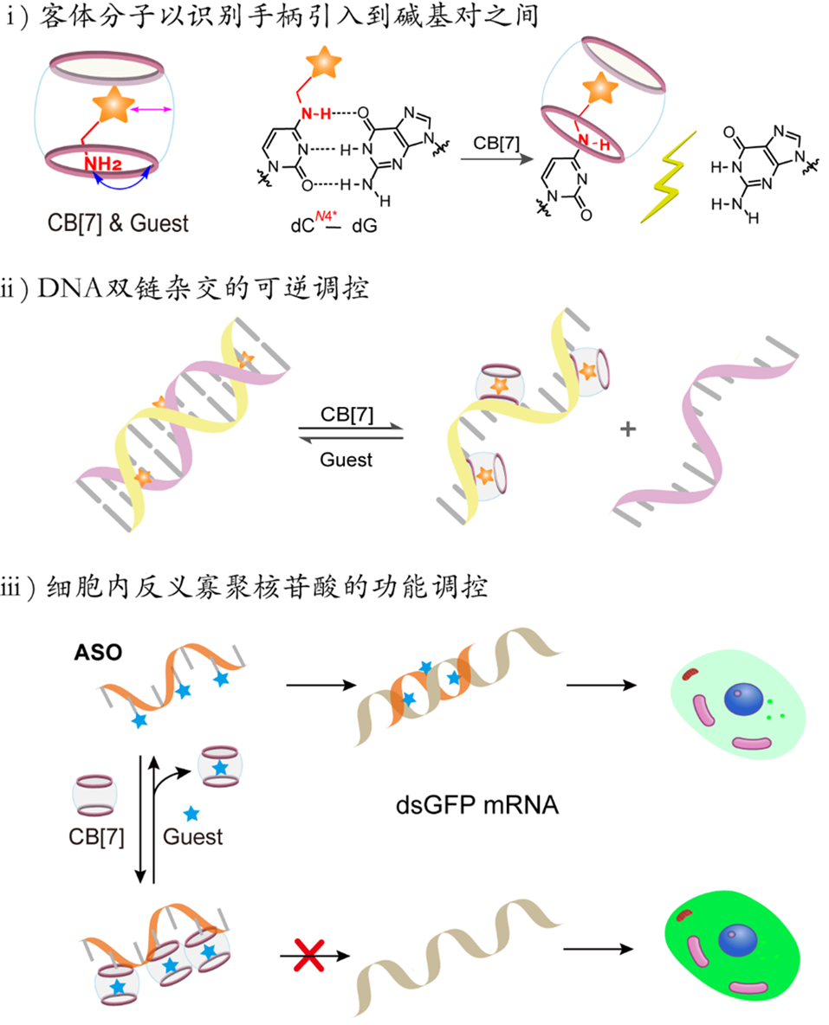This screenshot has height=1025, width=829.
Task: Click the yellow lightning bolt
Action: tap(668, 177)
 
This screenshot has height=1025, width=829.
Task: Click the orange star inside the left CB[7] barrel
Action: tap(114, 106)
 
